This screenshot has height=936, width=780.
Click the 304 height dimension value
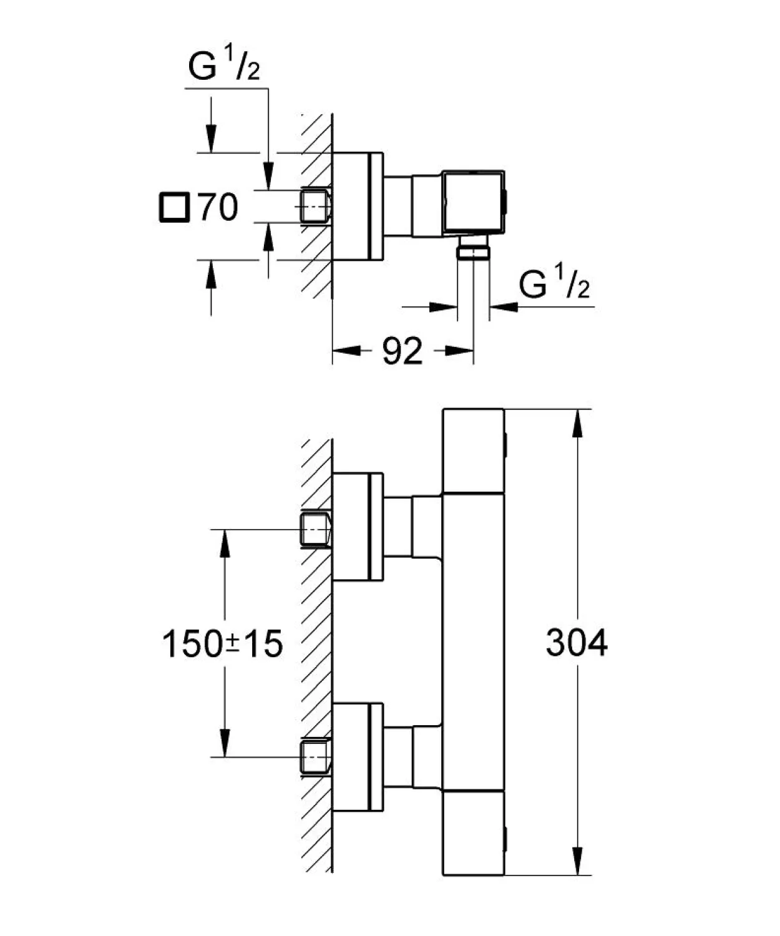pyautogui.click(x=577, y=643)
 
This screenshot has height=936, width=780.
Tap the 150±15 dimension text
pyautogui.click(x=222, y=644)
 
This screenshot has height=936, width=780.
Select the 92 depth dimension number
pyautogui.click(x=402, y=351)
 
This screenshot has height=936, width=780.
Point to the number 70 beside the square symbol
pyautogui.click(x=218, y=207)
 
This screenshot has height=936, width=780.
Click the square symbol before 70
pyautogui.click(x=173, y=207)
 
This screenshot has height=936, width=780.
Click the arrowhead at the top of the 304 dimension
pyautogui.click(x=577, y=422)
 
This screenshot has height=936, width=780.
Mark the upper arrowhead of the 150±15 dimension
pyautogui.click(x=225, y=543)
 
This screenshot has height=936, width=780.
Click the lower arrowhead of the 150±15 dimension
pyautogui.click(x=225, y=744)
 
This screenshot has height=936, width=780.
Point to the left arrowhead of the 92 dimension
pyautogui.click(x=346, y=351)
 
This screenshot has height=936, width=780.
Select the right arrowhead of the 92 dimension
pyautogui.click(x=459, y=351)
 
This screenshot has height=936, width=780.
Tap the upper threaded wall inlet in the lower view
pyautogui.click(x=316, y=529)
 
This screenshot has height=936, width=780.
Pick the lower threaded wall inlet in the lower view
pyautogui.click(x=316, y=757)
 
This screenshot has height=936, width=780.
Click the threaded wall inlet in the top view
pyautogui.click(x=316, y=206)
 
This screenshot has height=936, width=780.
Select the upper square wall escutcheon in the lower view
pyautogui.click(x=358, y=526)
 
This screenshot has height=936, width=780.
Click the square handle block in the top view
pyautogui.click(x=474, y=202)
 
